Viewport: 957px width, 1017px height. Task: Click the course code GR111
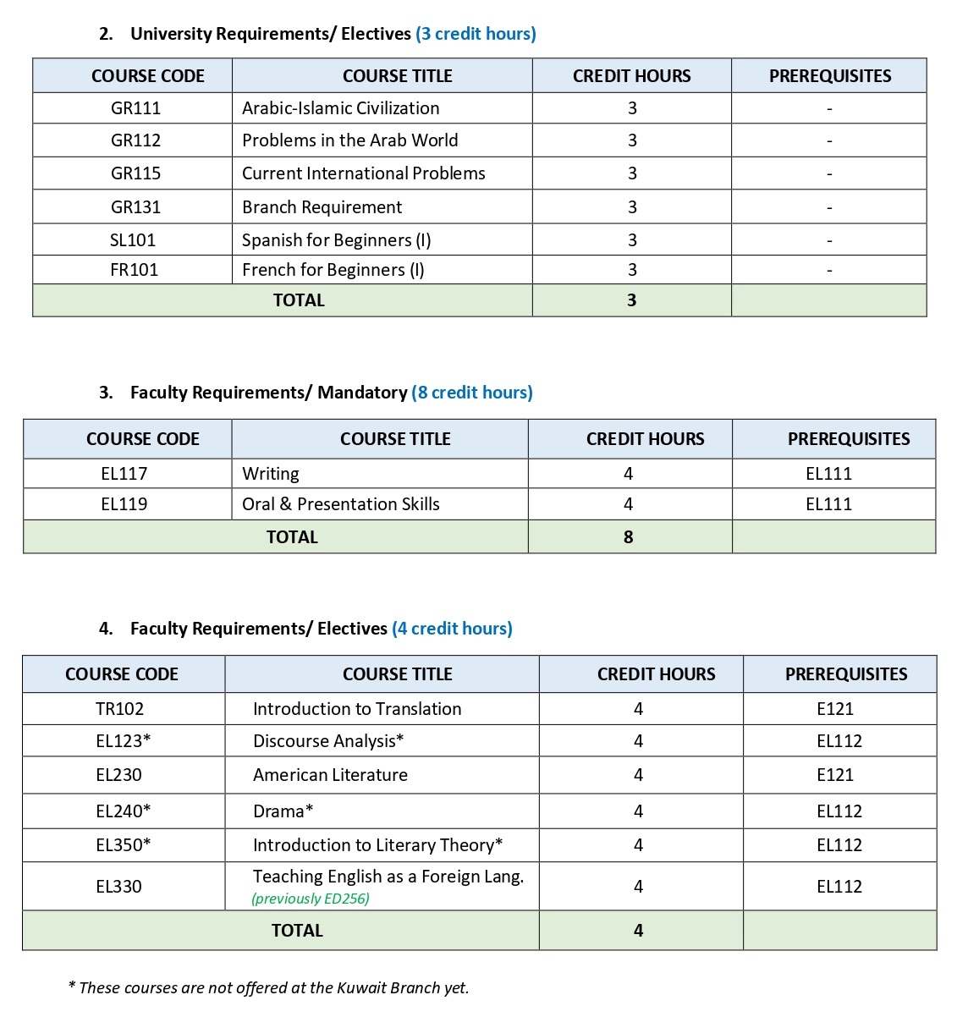(x=135, y=108)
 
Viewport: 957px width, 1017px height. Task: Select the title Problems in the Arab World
(x=349, y=140)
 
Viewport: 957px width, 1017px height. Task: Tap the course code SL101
(x=133, y=240)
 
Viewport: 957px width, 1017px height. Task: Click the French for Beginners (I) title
(x=333, y=270)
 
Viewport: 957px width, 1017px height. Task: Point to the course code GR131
(x=135, y=207)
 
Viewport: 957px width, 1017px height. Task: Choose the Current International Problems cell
(x=363, y=173)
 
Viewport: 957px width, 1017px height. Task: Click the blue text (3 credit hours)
(x=476, y=34)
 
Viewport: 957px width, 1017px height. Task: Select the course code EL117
(x=124, y=474)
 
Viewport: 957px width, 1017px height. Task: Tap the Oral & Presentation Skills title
(x=340, y=504)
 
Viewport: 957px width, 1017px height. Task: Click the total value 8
(x=628, y=537)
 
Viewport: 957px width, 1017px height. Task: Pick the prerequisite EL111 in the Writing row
(x=828, y=474)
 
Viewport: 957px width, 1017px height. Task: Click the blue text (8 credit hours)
(x=472, y=393)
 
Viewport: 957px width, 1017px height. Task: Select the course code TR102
(x=119, y=709)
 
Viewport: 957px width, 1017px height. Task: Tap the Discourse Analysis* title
(x=328, y=741)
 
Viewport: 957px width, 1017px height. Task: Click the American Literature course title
(x=330, y=775)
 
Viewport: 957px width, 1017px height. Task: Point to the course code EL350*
(x=123, y=845)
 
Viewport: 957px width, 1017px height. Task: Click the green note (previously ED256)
(x=311, y=899)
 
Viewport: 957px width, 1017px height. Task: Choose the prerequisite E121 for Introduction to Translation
(x=834, y=709)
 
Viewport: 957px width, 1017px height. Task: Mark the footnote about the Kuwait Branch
(x=268, y=987)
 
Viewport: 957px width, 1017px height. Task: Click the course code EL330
(x=118, y=887)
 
